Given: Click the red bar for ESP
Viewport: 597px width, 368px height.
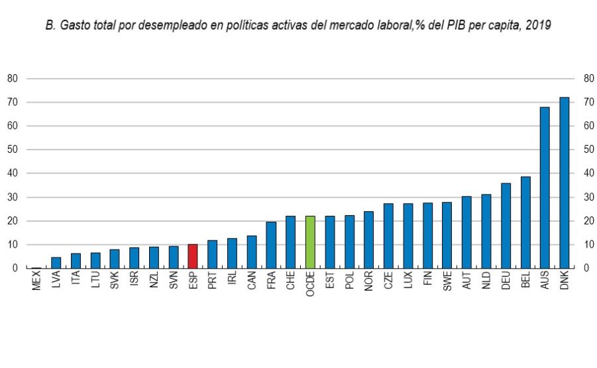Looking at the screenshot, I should [193, 256].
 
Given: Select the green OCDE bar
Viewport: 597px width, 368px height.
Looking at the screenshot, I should [310, 242].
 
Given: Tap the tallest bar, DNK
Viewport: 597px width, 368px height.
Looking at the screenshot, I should [565, 183].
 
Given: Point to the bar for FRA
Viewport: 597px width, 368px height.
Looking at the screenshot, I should [271, 245].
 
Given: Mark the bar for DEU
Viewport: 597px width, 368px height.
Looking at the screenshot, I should [506, 226].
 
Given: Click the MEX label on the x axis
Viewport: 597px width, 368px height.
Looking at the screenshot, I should [36, 283].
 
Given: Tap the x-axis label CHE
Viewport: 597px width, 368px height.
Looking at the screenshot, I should [290, 283].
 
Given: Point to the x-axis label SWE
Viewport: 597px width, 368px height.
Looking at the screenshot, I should [447, 283].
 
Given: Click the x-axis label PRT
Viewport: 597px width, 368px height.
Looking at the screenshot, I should [212, 283].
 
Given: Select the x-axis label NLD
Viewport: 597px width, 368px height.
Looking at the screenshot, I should [486, 283].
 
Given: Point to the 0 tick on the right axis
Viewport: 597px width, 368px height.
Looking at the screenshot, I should [586, 268].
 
